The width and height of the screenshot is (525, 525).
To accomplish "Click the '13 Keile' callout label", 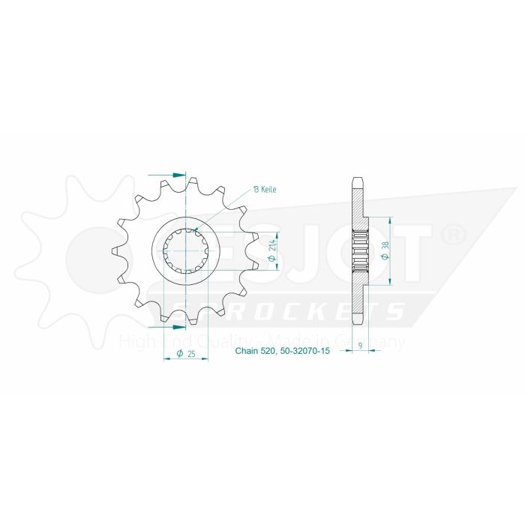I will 265,190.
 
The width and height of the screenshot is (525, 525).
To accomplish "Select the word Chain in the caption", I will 248,350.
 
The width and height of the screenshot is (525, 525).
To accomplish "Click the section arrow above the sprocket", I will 176,174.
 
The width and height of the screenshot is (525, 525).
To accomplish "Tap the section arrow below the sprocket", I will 176,327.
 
